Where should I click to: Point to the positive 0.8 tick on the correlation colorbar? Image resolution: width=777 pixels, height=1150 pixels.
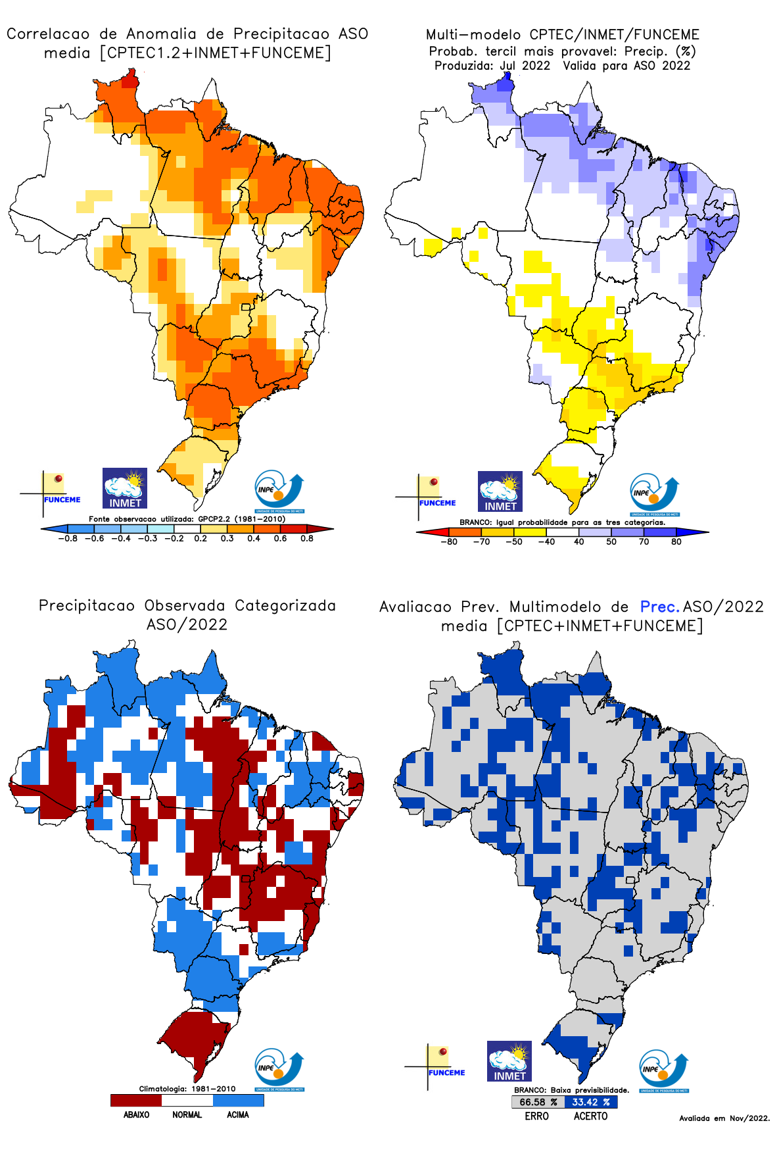(307, 538)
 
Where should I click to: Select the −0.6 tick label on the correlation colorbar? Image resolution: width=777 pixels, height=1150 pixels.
(94, 538)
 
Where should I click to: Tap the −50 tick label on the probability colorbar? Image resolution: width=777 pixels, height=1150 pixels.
(513, 541)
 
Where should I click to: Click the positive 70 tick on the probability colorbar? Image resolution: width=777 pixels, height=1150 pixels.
(644, 541)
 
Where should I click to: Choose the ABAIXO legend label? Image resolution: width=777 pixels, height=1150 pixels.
(136, 1114)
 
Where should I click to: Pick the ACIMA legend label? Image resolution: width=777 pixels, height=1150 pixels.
(238, 1114)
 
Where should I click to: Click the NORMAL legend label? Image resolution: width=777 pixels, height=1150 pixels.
(187, 1114)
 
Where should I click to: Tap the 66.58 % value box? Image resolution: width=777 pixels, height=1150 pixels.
(538, 1102)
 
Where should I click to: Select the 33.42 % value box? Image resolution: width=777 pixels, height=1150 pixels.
(590, 1102)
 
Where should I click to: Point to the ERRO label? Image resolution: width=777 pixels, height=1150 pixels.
(536, 1116)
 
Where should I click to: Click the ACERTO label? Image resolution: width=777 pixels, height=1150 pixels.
(590, 1116)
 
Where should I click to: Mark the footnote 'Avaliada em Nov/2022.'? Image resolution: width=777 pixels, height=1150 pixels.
(724, 1118)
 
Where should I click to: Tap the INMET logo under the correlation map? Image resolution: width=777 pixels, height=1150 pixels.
(125, 488)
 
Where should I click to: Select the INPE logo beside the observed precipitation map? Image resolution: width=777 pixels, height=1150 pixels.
(279, 1069)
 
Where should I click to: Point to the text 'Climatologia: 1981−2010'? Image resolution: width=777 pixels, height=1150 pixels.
(187, 1088)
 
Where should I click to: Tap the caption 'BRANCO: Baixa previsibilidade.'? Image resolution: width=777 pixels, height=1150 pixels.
(571, 1090)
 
